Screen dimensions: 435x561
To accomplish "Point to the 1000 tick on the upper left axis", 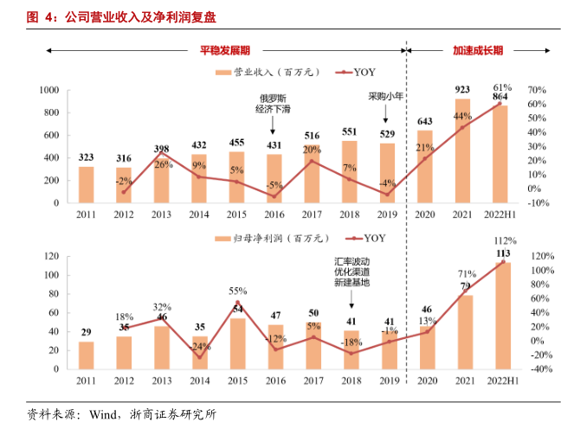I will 48,90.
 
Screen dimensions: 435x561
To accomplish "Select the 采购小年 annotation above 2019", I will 386,96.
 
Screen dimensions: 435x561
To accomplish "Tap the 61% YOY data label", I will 502,88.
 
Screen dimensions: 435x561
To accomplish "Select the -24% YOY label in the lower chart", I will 199,347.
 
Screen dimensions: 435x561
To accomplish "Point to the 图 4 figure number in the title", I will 38,17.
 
